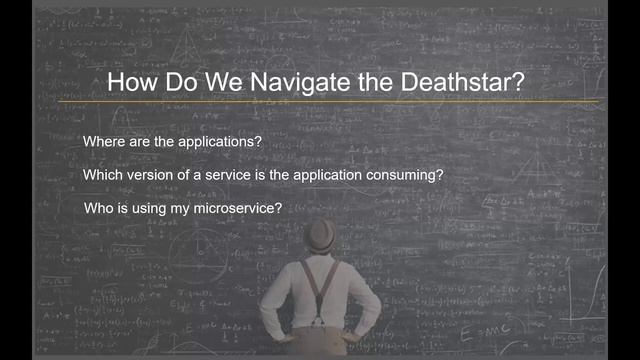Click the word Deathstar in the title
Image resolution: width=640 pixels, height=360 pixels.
tap(462, 83)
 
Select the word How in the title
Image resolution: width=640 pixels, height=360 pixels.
tap(130, 83)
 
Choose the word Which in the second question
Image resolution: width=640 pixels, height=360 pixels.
tap(105, 174)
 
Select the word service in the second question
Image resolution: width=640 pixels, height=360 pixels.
tap(236, 174)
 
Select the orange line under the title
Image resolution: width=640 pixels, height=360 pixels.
tap(330, 101)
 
